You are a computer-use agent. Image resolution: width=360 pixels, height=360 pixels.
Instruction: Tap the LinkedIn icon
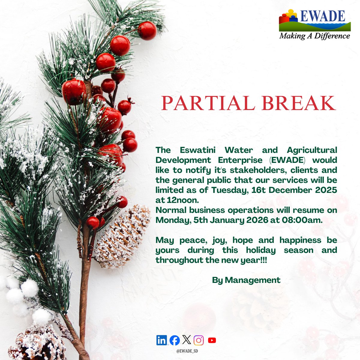tap(162, 340)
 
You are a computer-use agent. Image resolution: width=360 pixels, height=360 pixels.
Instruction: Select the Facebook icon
tap(175, 340)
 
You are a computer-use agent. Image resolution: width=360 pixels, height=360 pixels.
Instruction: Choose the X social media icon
tap(186, 340)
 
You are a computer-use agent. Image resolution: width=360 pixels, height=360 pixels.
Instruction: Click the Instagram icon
tap(199, 340)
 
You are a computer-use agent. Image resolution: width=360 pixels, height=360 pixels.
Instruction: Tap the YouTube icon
tap(212, 340)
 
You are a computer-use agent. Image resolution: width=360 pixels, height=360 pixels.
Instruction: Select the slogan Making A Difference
tap(315, 36)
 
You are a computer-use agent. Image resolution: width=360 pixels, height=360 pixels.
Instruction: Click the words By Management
tap(246, 280)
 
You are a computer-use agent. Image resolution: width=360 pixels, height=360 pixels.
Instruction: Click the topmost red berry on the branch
tap(147, 30)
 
